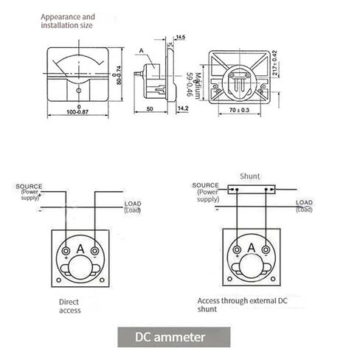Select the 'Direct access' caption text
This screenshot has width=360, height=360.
coord(70,306)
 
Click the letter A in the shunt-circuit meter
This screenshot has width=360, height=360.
coord(251,249)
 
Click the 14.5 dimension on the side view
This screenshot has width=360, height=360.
coord(180,35)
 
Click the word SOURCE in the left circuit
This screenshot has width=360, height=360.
coord(29,187)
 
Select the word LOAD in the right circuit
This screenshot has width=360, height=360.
coord(303,202)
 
